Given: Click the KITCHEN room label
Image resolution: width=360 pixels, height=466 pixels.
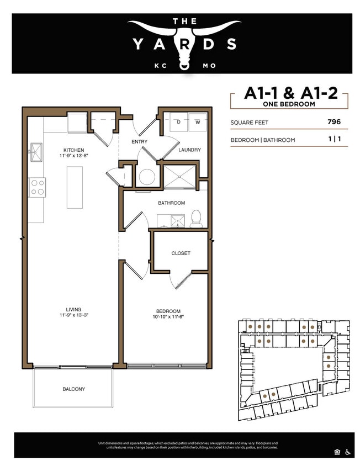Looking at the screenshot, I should tap(73, 150).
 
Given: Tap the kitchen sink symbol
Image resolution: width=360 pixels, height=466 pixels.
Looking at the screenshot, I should tap(36, 151).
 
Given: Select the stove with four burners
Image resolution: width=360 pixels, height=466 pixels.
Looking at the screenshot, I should tap(37, 187).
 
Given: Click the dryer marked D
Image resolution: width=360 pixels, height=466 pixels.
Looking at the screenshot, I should tap(179, 121).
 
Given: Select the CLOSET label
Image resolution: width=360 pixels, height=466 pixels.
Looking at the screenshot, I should tap(181, 253).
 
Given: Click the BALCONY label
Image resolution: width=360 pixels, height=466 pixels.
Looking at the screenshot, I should tap(73, 389).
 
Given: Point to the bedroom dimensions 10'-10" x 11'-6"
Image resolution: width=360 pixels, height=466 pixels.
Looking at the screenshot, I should tap(174, 317).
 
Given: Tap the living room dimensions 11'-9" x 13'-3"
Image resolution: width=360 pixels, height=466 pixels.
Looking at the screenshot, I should tap(73, 315).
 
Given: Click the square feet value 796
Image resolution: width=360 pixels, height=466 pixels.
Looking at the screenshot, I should tap(333, 123).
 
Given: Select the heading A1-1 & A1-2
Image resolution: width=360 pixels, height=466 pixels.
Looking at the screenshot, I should tap(290, 93).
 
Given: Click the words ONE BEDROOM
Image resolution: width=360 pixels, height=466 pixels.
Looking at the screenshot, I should tap(290, 104).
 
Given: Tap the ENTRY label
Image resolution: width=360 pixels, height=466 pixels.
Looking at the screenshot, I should tap(139, 142).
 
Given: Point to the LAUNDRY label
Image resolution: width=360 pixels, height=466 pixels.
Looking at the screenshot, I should tap(189, 150).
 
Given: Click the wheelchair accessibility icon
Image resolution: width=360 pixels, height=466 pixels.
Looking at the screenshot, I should tap(348, 452).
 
